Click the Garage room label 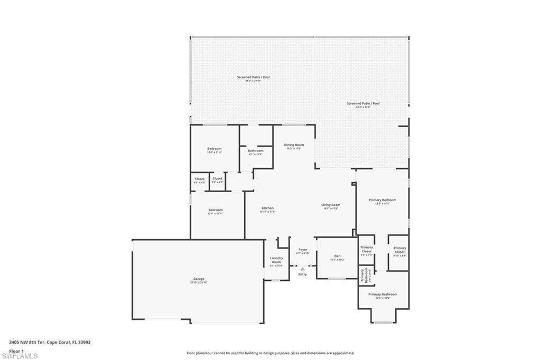click(x=198, y=279)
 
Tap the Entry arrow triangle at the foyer click(x=303, y=269)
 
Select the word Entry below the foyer click(x=303, y=274)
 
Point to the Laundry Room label click(x=276, y=260)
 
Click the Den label click(x=337, y=256)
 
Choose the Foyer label click(x=303, y=249)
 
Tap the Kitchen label click(x=267, y=208)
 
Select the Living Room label click(x=331, y=205)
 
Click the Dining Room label click(x=294, y=145)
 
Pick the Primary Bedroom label click(x=382, y=200)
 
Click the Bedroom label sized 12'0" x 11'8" click(x=214, y=149)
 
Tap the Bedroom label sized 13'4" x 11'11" click(x=216, y=210)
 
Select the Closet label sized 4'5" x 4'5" click(x=200, y=179)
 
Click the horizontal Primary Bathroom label click(x=383, y=294)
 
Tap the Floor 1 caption click(x=17, y=350)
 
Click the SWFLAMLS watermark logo click(x=20, y=356)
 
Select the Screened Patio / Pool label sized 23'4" click(x=363, y=103)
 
